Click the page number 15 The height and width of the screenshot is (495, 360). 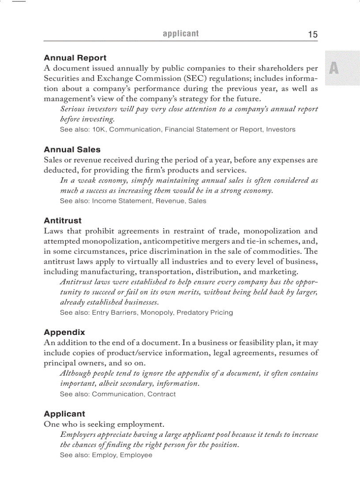(312, 34)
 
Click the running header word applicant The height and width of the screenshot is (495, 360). (181, 33)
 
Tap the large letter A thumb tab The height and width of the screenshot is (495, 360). (334, 68)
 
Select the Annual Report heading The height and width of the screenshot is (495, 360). (75, 58)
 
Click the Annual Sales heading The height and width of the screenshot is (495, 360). (72, 149)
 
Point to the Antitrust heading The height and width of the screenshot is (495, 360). (63, 220)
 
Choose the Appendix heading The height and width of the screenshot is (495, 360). (64, 332)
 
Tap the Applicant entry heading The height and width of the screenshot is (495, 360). (64, 413)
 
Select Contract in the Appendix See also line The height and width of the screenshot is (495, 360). (161, 394)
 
